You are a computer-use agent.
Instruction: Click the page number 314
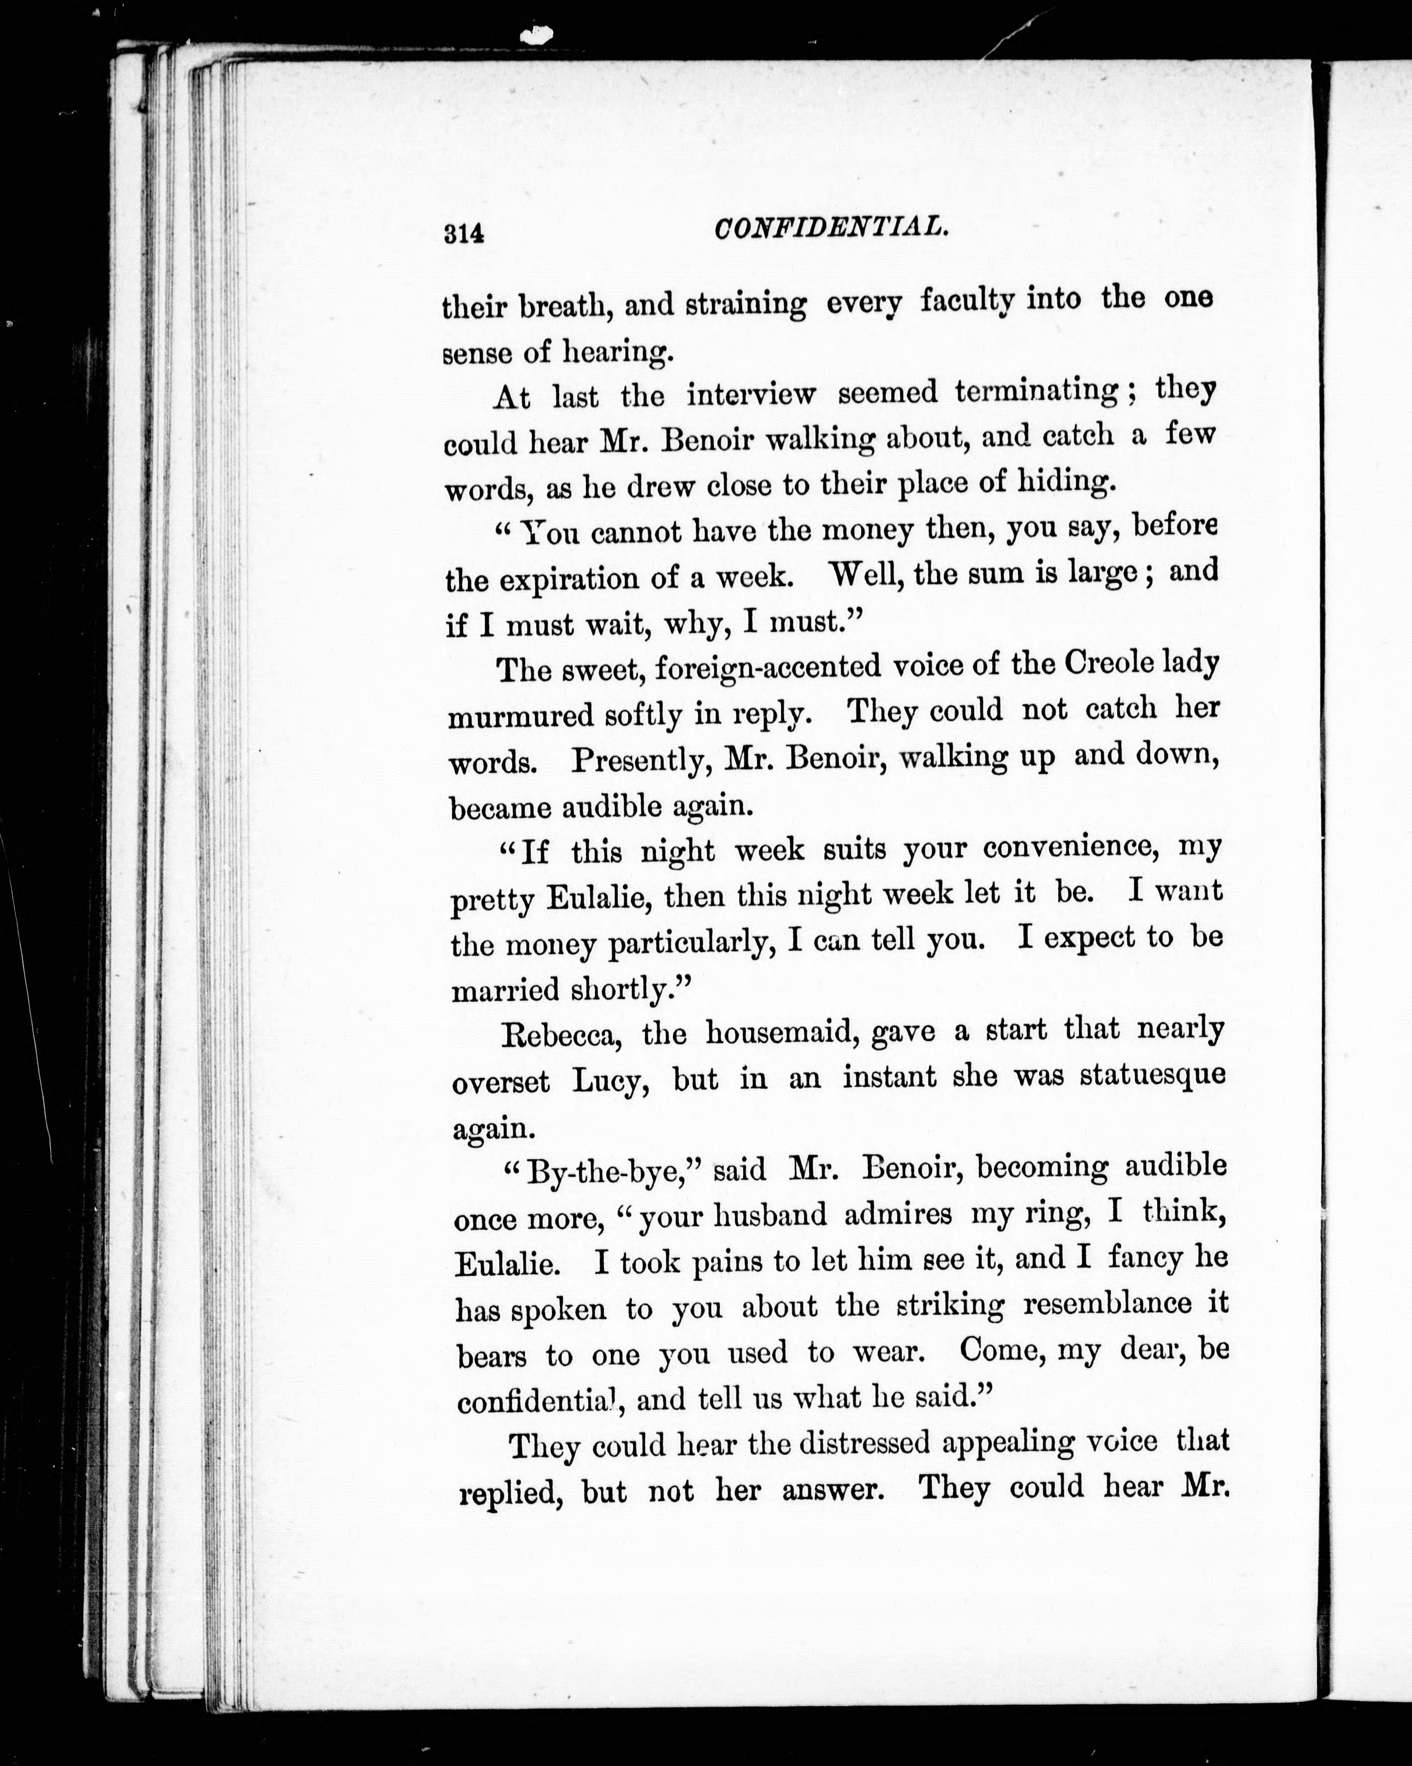click(x=464, y=234)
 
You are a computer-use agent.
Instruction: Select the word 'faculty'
click(x=967, y=301)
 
